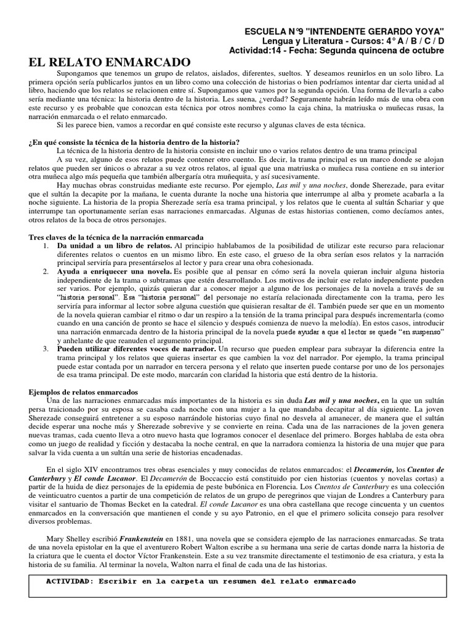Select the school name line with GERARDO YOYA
coord(344,31)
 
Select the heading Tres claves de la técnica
coord(117,237)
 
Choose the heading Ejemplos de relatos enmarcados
coord(84,392)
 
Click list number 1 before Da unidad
coord(46,245)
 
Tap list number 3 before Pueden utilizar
coord(46,349)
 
